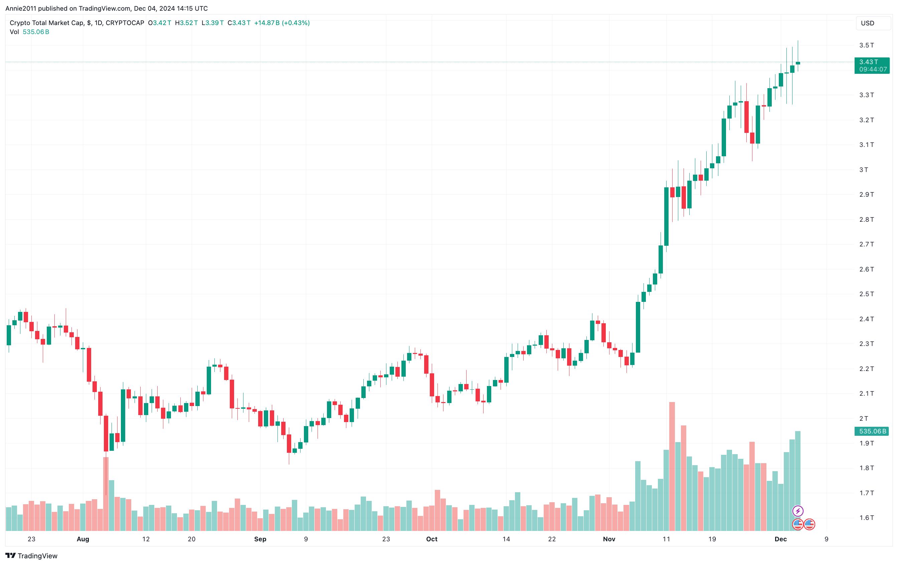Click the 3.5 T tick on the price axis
[866, 45]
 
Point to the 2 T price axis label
[863, 418]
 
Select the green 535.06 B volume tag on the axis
[872, 431]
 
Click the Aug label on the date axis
[83, 539]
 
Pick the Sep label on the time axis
[260, 539]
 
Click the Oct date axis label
[431, 539]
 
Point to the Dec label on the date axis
[780, 539]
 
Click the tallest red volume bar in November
[672, 466]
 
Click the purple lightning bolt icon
[798, 511]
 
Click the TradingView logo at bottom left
[32, 556]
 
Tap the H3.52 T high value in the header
[186, 23]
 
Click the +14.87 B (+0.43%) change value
[282, 23]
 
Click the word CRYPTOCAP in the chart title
[125, 23]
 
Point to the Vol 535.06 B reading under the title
[29, 32]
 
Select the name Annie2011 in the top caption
[20, 8]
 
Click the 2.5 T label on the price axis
[866, 294]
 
